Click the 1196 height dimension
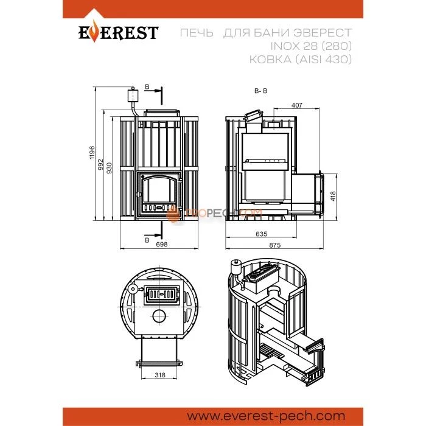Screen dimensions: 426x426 point(93,153)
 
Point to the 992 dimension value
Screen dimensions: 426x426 point(101,165)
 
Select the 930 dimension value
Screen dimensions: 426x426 point(109,168)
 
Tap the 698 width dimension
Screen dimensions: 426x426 point(162,244)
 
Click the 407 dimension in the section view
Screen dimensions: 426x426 point(297,105)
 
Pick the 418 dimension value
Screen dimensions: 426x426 point(333,196)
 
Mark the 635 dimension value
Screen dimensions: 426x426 point(261,234)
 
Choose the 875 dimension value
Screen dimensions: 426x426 point(274,245)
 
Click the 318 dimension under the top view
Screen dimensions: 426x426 point(159,375)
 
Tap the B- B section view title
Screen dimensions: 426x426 point(261,91)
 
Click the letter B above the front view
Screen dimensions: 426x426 point(147,87)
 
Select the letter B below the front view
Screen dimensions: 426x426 point(147,240)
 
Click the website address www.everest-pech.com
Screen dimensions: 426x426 point(267,416)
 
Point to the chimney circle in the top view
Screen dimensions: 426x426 point(159,316)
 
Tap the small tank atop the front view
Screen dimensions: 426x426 point(133,96)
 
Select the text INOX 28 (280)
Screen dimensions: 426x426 point(311,46)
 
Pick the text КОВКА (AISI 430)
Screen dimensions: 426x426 point(301,59)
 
